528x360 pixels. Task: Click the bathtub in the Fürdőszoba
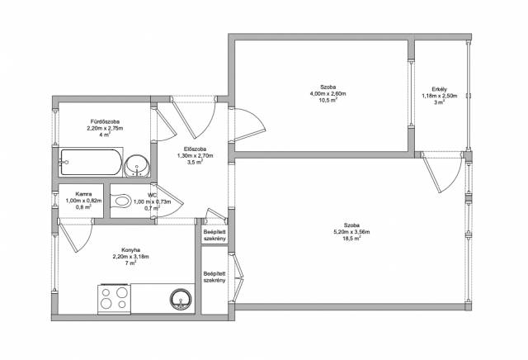91,162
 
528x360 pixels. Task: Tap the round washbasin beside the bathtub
137,166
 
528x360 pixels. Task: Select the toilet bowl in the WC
120,201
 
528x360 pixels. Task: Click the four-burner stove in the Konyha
114,299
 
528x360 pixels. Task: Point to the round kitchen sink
181,300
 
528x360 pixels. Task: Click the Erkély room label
440,89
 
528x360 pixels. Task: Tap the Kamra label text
83,194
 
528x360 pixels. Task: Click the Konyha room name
131,250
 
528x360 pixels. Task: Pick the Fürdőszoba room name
105,121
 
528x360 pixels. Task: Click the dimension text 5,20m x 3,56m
351,232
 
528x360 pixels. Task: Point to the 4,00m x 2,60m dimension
328,93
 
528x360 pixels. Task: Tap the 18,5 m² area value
351,238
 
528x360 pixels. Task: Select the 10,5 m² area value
328,100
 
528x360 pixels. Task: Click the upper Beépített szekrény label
214,235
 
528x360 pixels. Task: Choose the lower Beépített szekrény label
214,277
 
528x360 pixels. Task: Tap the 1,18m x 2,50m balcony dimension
440,96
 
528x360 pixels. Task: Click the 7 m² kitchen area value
131,263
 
